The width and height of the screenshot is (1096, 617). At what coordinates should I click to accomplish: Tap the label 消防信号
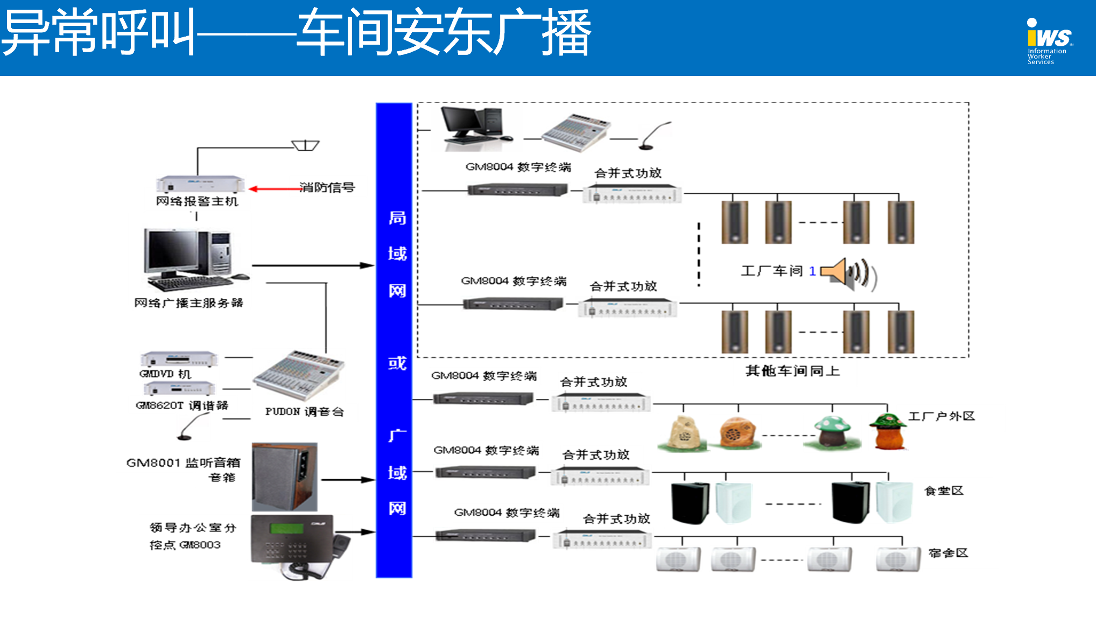pyautogui.click(x=327, y=187)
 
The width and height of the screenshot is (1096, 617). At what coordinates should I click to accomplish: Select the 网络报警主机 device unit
pyautogui.click(x=200, y=184)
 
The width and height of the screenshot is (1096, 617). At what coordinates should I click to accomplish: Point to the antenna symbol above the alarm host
pyautogui.click(x=305, y=145)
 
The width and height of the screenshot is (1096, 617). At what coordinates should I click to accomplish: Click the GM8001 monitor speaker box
pyautogui.click(x=284, y=476)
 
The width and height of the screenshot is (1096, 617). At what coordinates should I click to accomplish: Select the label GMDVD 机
pyautogui.click(x=165, y=374)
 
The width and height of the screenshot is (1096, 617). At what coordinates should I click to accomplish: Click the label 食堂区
pyautogui.click(x=944, y=490)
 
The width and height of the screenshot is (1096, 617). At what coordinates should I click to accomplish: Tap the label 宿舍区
pyautogui.click(x=948, y=553)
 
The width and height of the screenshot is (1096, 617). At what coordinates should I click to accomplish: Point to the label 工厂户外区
pyautogui.click(x=942, y=416)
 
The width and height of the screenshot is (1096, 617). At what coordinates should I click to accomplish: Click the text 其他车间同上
pyautogui.click(x=792, y=370)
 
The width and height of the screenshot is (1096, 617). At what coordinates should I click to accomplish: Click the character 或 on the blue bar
pyautogui.click(x=397, y=363)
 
